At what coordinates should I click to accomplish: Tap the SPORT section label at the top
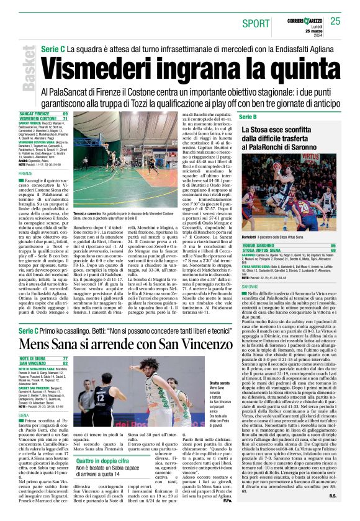pyautogui.click(x=256, y=24)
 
